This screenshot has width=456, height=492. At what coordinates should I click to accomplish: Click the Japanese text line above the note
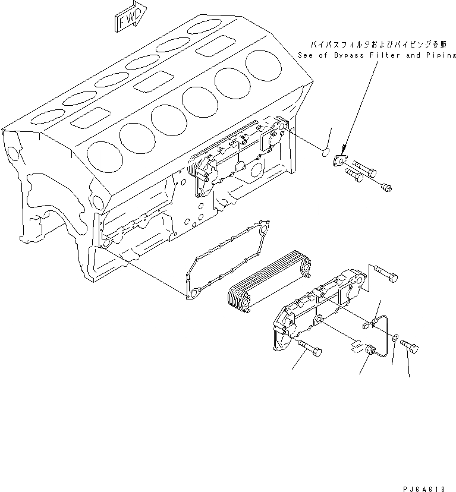click(376, 44)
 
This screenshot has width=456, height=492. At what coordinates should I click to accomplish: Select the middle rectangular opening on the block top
click(153, 81)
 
